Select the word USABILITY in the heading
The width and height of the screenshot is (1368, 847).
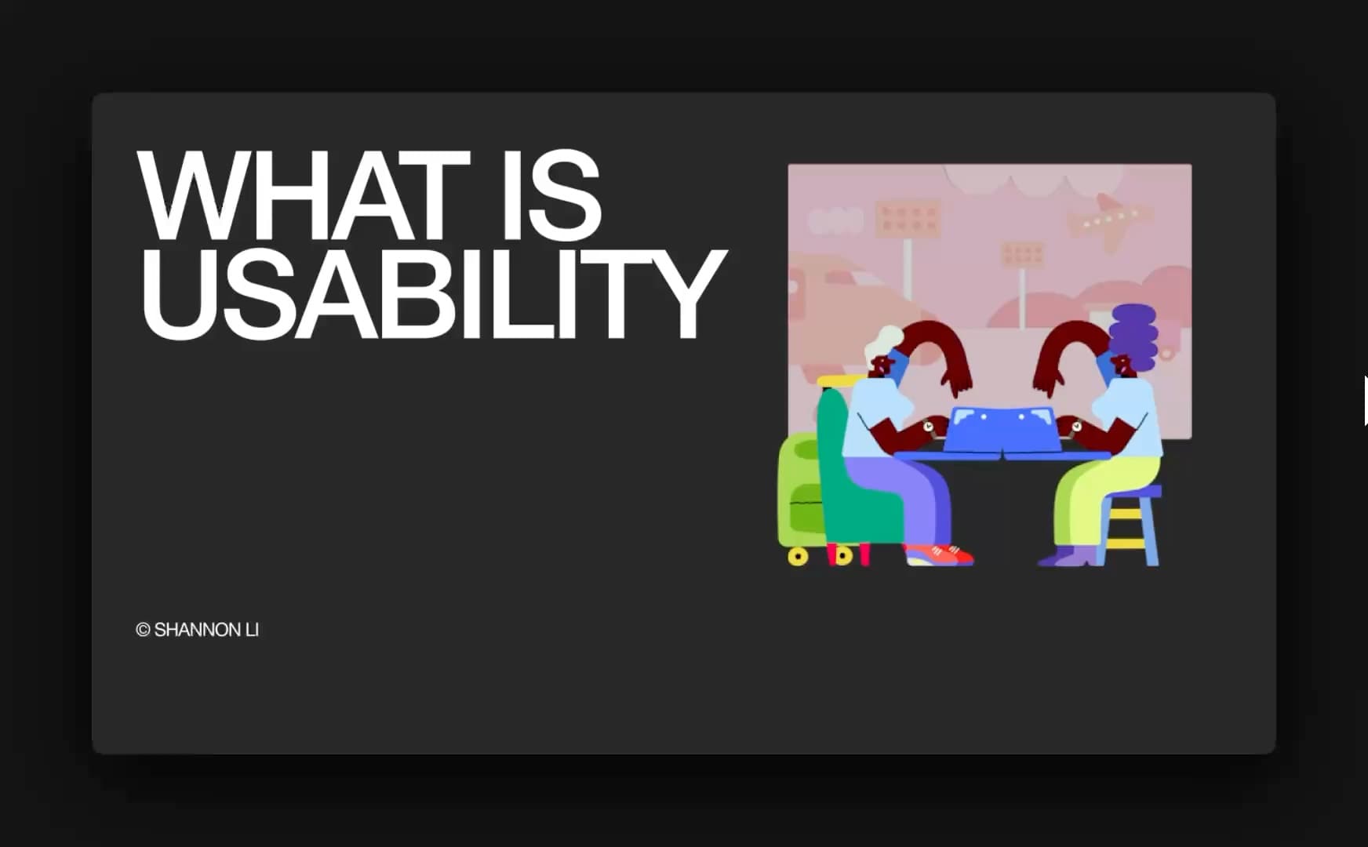point(432,293)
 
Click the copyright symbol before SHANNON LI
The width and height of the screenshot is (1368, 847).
point(143,630)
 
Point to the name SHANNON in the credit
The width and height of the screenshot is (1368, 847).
point(198,630)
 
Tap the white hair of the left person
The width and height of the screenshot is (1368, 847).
point(884,343)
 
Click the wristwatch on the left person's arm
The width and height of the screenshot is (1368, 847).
point(928,426)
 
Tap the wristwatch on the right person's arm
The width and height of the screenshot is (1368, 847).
point(1076,426)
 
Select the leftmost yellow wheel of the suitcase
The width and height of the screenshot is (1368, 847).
point(798,557)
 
